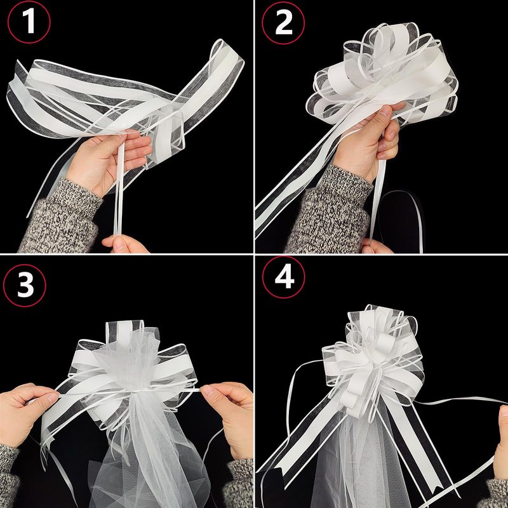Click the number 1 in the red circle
(x=29, y=22)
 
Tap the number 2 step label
(x=283, y=23)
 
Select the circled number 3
(x=25, y=285)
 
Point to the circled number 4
(x=284, y=277)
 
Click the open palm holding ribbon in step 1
(x=107, y=159)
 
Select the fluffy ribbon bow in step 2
(x=382, y=74)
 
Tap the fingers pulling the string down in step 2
(x=376, y=246)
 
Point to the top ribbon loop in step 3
(x=124, y=334)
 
